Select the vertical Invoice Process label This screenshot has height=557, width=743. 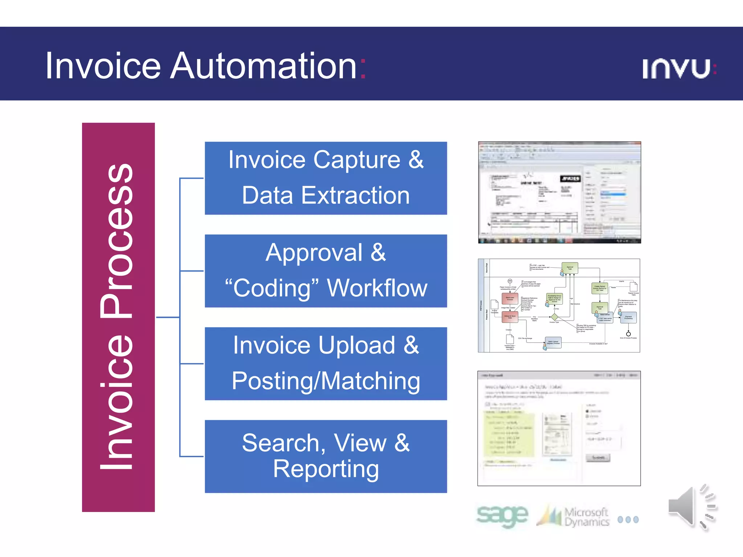coord(118,317)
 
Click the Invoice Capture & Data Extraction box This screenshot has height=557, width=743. coord(325,178)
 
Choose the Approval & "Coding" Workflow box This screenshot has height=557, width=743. coord(325,271)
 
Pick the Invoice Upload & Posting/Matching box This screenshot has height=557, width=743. coord(325,364)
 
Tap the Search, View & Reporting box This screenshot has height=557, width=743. coord(325,456)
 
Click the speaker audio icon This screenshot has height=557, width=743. coord(691,507)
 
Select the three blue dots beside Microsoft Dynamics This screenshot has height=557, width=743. coord(628,520)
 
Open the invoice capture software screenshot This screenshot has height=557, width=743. coord(559,192)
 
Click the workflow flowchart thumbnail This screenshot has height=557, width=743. coord(559,305)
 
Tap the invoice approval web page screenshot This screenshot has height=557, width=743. coord(559,428)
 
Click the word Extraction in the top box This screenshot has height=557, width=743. coord(356,195)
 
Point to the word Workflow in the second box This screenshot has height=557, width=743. coord(377,288)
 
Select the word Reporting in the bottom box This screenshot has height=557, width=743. coord(325,469)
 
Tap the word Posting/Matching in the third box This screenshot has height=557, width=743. coord(325,381)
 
